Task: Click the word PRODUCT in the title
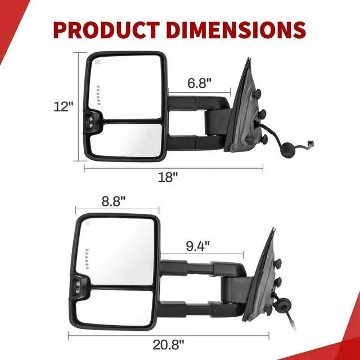pyautogui.click(x=106, y=30)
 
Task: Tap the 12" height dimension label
pyautogui.click(x=64, y=106)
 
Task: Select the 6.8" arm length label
pyautogui.click(x=199, y=83)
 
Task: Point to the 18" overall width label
pyautogui.click(x=168, y=177)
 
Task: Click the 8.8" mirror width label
pyautogui.click(x=114, y=201)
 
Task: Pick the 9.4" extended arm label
pyautogui.click(x=197, y=246)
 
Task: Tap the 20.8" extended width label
pyautogui.click(x=168, y=345)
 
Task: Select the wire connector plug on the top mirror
pyautogui.click(x=311, y=144)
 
